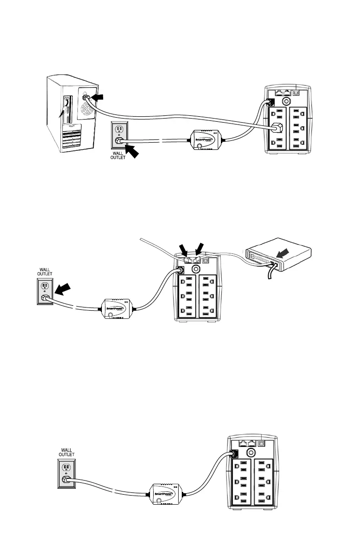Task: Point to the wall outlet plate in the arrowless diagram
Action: click(66, 472)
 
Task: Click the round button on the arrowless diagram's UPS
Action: click(249, 452)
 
